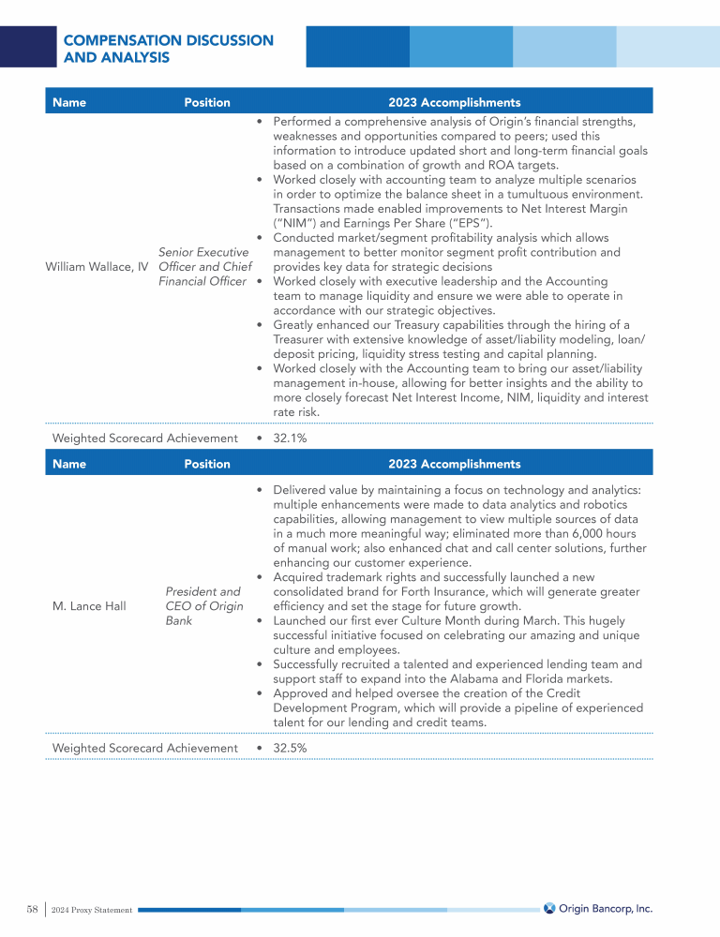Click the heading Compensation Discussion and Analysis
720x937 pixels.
[x=168, y=49]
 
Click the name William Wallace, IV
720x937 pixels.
[x=97, y=267]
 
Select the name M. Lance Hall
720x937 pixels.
[x=89, y=606]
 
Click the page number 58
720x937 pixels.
[x=32, y=909]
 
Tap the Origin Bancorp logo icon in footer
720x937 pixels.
[x=549, y=908]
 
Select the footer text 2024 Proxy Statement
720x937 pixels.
[x=92, y=910]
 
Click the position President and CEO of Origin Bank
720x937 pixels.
[x=203, y=606]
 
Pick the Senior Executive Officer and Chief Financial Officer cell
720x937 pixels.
[x=203, y=267]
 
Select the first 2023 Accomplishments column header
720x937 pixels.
[x=454, y=102]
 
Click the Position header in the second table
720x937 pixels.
[x=207, y=464]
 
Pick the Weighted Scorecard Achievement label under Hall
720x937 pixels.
[x=145, y=748]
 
